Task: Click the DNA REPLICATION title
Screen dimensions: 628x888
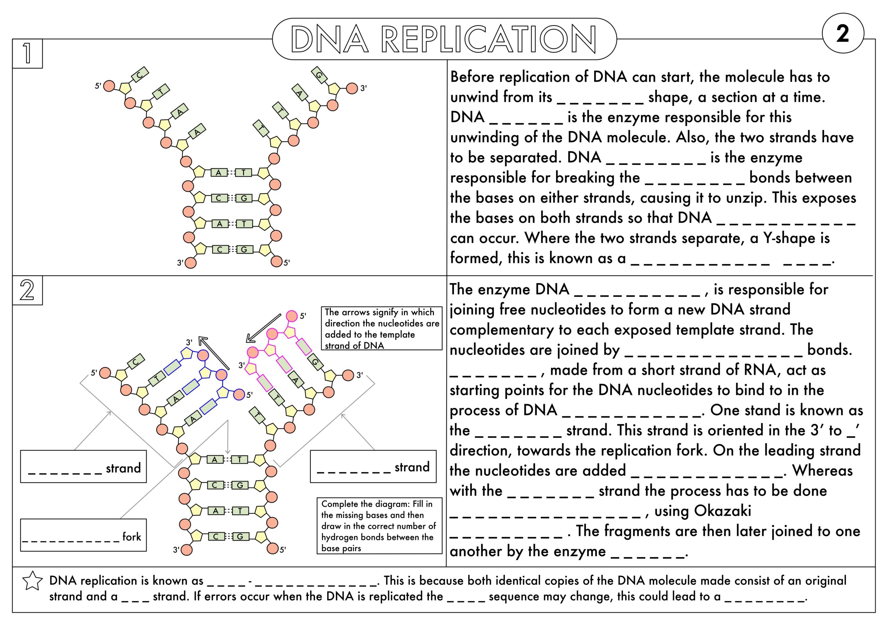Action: [x=444, y=39]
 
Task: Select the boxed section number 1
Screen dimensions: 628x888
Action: [x=27, y=53]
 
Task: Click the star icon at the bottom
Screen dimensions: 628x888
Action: [x=33, y=582]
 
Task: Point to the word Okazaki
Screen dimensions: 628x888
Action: [x=723, y=511]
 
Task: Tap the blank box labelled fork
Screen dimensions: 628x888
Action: [x=83, y=535]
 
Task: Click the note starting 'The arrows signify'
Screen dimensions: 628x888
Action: [x=381, y=329]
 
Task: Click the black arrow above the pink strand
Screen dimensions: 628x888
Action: [x=263, y=328]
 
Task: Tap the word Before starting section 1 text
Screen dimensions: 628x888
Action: [x=472, y=77]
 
